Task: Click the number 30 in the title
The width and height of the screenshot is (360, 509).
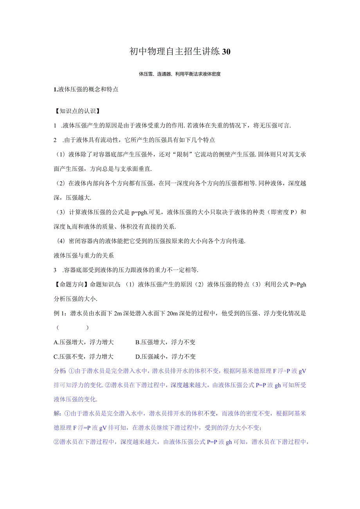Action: click(226, 52)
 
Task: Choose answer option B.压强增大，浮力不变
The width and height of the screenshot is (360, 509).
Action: click(165, 342)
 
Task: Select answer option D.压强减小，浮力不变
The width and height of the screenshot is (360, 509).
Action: click(165, 357)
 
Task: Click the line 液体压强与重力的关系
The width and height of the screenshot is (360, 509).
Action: click(83, 255)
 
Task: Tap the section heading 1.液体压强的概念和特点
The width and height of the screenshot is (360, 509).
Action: click(86, 89)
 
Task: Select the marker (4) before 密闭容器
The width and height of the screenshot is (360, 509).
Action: click(60, 241)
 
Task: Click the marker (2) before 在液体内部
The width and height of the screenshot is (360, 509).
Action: click(60, 183)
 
